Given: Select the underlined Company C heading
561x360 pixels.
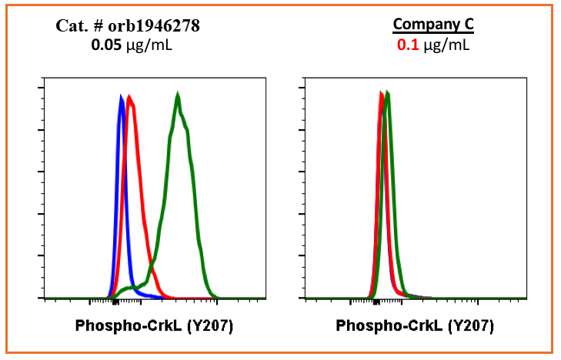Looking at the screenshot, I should (433, 25).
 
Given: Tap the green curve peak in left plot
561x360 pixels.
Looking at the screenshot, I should (178, 96).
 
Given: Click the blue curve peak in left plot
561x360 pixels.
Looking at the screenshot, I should (121, 98).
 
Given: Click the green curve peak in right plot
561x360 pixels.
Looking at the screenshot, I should (388, 94).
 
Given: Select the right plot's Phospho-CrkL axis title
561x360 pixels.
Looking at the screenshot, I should (391, 325).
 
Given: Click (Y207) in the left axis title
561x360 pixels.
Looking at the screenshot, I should (210, 325).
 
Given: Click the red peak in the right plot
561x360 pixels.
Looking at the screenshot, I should (382, 94).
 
